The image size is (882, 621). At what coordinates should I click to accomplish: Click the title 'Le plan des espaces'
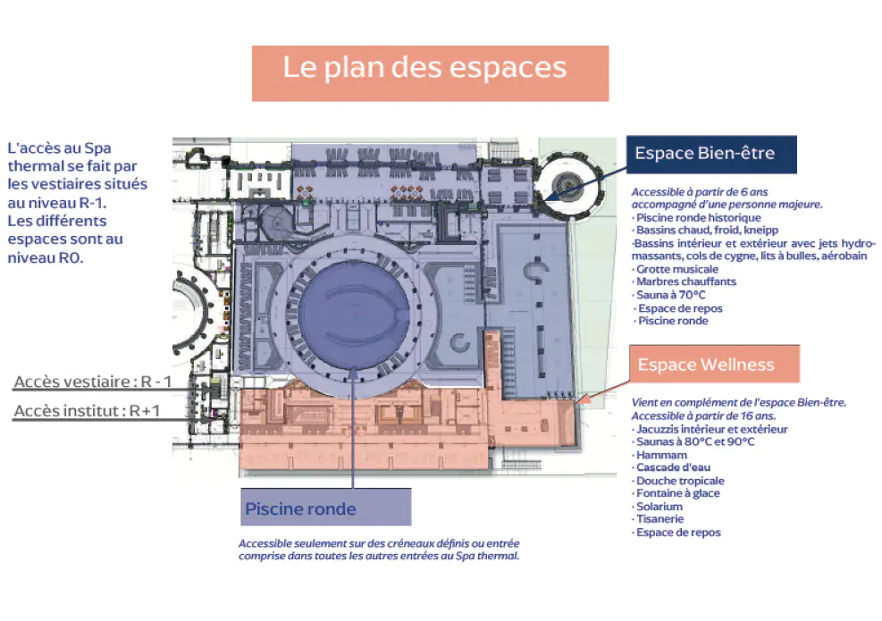(424, 68)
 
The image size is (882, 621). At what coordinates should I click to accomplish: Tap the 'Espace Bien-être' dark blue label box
(711, 154)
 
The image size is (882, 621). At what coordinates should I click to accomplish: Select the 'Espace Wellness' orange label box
(714, 365)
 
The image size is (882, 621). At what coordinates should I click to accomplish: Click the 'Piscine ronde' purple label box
(325, 508)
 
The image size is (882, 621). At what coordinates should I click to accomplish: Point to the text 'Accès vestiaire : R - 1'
(93, 382)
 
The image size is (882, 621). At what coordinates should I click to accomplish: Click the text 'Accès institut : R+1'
(88, 411)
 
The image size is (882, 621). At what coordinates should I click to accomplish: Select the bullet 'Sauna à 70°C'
(670, 295)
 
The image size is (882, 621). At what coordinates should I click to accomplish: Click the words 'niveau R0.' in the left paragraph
(45, 257)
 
